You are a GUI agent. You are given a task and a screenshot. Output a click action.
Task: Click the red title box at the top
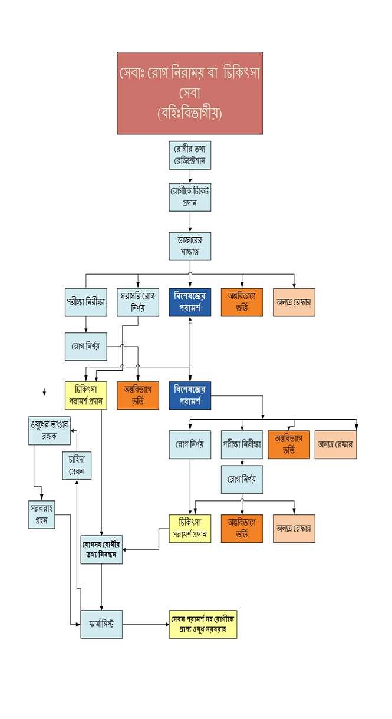(189, 93)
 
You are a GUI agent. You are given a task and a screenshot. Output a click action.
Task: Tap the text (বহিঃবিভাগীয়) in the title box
(189, 113)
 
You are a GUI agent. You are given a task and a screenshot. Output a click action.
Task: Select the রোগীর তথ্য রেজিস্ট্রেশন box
(190, 155)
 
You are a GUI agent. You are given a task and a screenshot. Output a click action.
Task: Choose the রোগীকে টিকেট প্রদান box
(190, 197)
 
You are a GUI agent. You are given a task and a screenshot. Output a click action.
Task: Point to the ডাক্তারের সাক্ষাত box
(190, 246)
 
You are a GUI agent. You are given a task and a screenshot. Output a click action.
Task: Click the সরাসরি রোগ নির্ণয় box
(138, 302)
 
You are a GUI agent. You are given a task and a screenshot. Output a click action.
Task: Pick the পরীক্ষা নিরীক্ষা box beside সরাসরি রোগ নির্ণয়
(86, 302)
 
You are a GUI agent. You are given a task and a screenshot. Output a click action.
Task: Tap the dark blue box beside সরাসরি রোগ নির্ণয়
(190, 302)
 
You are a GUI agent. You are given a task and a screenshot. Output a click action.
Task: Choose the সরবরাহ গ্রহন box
(42, 514)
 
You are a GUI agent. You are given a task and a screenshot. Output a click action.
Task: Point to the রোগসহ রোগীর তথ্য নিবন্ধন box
(101, 549)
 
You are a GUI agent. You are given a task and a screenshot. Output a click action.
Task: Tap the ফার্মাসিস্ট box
(101, 624)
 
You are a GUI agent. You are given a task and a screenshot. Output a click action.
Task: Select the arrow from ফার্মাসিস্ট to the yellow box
(145, 624)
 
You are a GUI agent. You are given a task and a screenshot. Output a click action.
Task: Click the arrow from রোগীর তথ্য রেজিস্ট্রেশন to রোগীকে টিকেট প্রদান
(190, 176)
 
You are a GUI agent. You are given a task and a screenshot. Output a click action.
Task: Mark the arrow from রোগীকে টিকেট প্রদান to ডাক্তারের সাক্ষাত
(190, 222)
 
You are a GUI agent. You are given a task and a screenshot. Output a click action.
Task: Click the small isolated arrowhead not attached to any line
(44, 392)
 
